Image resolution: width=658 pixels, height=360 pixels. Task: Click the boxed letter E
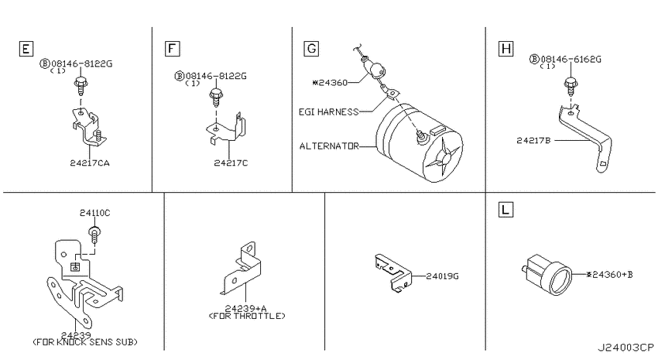click(x=26, y=49)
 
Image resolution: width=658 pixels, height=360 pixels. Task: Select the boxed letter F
click(x=172, y=49)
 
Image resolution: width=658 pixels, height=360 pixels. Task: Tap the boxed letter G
click(x=311, y=49)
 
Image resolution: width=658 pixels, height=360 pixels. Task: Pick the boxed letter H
click(x=506, y=49)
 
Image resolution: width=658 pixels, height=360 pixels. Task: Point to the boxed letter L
click(x=505, y=209)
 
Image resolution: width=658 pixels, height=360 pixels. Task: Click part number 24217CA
click(x=90, y=163)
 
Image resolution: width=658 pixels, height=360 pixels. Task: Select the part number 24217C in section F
click(x=231, y=163)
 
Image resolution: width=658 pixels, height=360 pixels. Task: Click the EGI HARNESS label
click(x=328, y=112)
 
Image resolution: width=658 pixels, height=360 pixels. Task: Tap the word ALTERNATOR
click(x=330, y=146)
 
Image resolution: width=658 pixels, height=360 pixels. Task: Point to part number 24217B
click(x=533, y=141)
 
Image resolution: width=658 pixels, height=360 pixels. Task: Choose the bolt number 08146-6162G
click(x=571, y=59)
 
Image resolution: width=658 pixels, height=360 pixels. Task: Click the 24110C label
click(x=95, y=213)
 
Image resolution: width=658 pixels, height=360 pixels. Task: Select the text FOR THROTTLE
click(x=247, y=316)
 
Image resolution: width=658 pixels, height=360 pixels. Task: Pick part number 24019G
click(x=442, y=276)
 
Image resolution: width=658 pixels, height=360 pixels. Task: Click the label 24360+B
click(x=610, y=275)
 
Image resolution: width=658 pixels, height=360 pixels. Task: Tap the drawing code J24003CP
click(x=626, y=348)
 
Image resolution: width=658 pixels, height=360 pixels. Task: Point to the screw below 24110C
click(x=95, y=234)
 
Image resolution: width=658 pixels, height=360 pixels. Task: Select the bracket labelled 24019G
click(x=392, y=273)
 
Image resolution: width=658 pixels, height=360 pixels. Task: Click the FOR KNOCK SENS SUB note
click(x=85, y=342)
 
